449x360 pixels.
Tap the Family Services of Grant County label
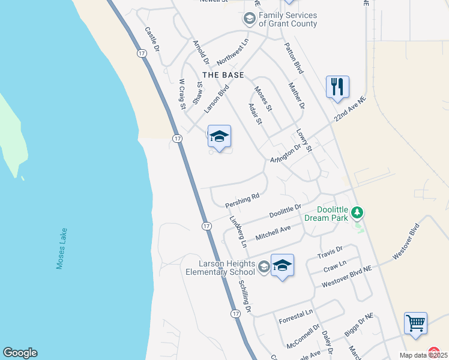point(288,20)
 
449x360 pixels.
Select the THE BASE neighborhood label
point(223,75)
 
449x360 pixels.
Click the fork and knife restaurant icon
point(337,86)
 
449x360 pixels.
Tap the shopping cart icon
point(415,323)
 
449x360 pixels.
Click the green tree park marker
point(358,212)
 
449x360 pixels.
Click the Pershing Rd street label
point(243,200)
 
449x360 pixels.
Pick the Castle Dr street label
point(152,38)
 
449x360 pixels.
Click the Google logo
point(20,353)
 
